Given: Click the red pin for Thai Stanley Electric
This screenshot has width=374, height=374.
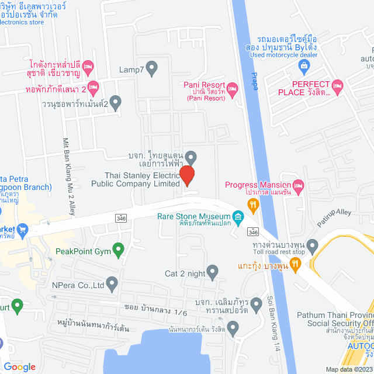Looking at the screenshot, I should (x=187, y=175).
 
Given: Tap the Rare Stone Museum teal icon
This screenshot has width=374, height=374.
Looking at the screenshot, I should (x=238, y=219).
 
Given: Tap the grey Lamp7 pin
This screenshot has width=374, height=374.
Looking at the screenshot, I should (x=152, y=68).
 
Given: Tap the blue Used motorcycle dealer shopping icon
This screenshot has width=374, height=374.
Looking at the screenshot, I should (x=304, y=64).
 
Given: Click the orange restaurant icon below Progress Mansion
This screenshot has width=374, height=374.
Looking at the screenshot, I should (x=253, y=204).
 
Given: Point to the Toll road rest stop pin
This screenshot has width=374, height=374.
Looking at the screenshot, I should (x=312, y=245).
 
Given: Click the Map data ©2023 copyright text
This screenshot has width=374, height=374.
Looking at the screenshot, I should (x=348, y=369).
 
